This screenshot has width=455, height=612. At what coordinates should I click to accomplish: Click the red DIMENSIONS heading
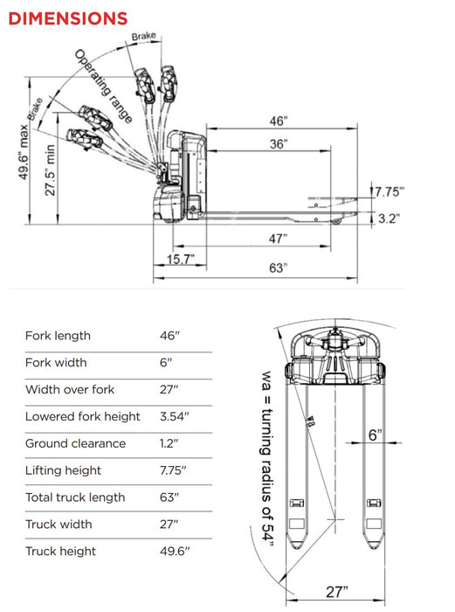[68, 17]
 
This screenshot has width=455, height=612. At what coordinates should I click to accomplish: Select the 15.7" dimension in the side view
[180, 259]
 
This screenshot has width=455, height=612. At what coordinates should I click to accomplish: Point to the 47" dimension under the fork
[277, 238]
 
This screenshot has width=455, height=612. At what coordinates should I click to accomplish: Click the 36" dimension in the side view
[278, 144]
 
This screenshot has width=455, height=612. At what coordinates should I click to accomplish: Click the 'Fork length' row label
[58, 336]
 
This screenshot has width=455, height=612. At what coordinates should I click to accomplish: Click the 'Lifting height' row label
[63, 470]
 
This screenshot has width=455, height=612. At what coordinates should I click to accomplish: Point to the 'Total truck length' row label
[75, 497]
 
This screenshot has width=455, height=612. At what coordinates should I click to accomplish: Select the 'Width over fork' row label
[70, 389]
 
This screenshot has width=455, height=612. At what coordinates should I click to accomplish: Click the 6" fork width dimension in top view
[374, 435]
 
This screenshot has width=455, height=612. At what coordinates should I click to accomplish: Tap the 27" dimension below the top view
[337, 592]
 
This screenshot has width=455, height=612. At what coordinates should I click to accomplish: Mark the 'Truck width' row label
[59, 525]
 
